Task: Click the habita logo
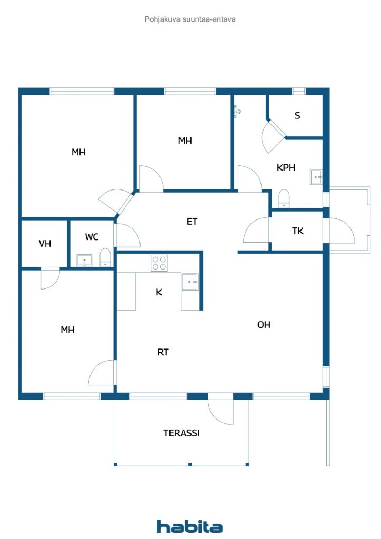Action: click(189, 526)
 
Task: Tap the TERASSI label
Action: click(182, 433)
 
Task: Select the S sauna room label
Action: click(297, 115)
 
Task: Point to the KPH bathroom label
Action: click(286, 167)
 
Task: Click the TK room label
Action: click(298, 231)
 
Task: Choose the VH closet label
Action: click(45, 244)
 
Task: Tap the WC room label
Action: click(92, 237)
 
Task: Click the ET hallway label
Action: click(192, 222)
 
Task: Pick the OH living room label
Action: click(264, 324)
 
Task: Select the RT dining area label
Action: click(163, 352)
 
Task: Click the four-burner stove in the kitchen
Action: click(159, 263)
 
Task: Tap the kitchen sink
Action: click(190, 282)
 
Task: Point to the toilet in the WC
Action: click(105, 257)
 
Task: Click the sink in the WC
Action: click(84, 260)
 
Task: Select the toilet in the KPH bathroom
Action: click(284, 198)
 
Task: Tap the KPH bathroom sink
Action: click(316, 177)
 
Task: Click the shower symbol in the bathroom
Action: click(237, 111)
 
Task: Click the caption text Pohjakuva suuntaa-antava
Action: click(190, 19)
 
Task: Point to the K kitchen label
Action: click(159, 292)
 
